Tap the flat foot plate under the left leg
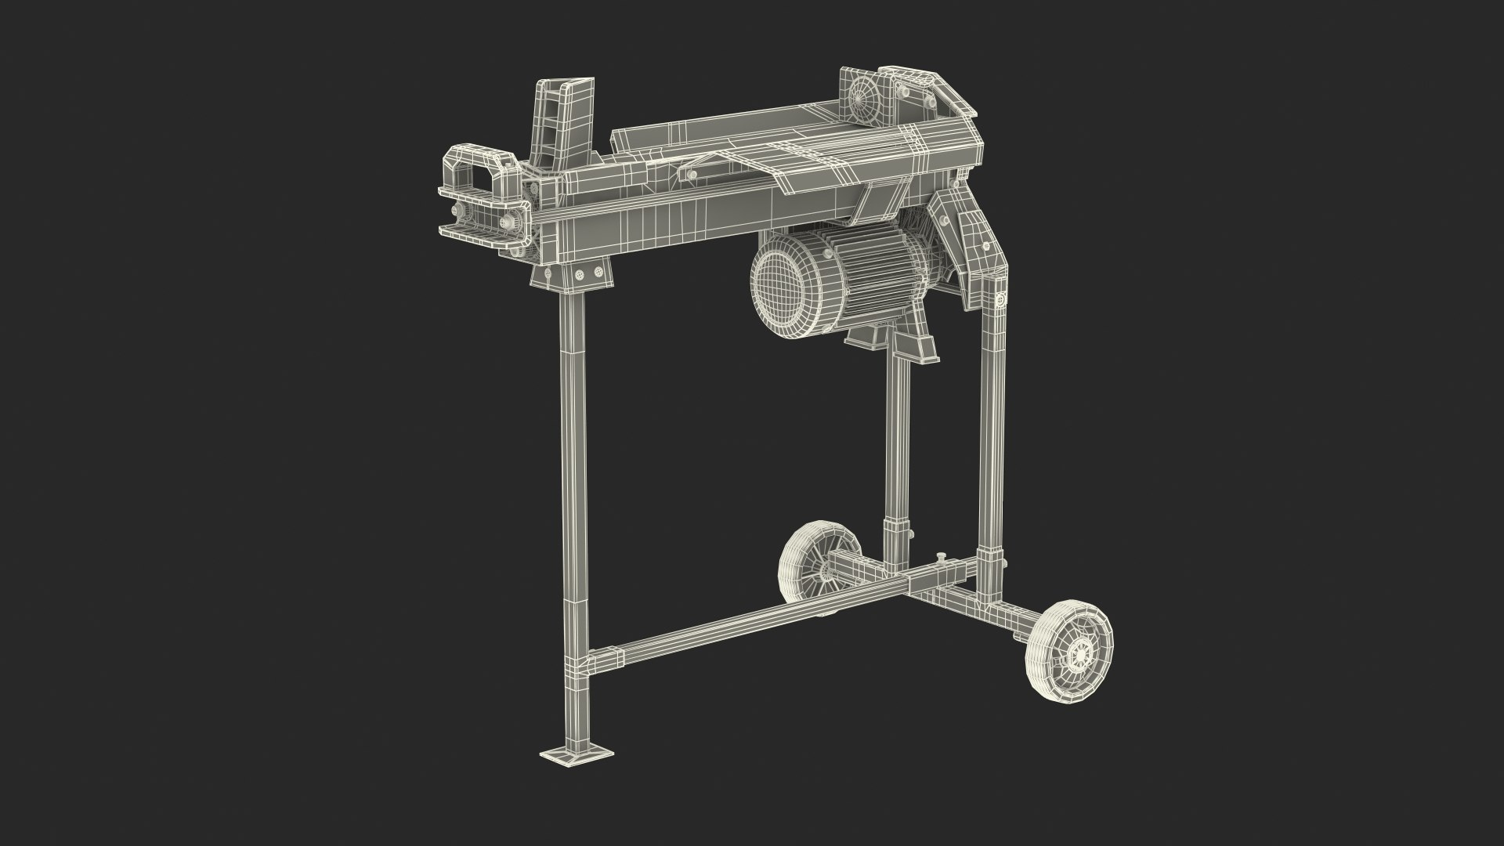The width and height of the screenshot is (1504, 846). pos(577,755)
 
